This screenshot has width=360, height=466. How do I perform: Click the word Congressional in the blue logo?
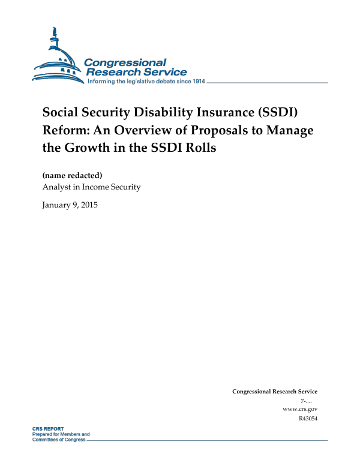(125, 62)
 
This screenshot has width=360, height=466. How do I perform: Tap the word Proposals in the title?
(223, 130)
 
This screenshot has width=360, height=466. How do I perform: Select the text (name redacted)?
(72, 176)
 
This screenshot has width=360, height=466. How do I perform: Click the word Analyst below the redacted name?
(56, 187)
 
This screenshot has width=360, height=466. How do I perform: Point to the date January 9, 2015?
(70, 205)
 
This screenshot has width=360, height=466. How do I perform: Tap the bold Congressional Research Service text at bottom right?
(274, 392)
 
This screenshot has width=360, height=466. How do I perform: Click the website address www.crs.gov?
(299, 409)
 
